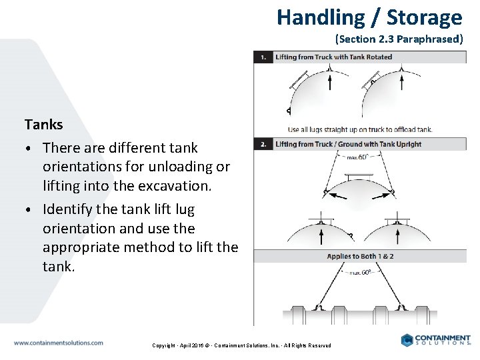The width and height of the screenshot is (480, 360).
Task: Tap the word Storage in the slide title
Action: pos(424,17)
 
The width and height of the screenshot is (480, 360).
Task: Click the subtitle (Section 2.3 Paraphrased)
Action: pos(399,39)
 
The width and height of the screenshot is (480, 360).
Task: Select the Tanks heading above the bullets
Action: pos(43,124)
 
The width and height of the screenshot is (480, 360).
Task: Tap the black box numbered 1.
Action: pos(263,57)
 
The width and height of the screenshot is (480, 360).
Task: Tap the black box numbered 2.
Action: pos(263,144)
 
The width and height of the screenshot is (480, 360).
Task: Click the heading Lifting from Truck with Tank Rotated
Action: pos(333,57)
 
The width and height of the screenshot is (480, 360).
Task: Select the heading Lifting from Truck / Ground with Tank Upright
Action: pos(348,144)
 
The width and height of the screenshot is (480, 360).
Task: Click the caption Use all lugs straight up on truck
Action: pos(360,129)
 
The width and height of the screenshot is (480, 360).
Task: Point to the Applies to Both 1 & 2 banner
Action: pos(359,256)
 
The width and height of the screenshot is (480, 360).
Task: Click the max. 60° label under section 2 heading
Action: pos(358,157)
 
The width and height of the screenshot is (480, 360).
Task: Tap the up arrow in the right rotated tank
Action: pos(402,81)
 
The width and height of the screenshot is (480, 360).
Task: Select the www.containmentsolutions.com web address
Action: pos(59,343)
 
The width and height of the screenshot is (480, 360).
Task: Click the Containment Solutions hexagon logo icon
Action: pos(407,340)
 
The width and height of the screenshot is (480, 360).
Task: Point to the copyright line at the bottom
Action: pos(241,345)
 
